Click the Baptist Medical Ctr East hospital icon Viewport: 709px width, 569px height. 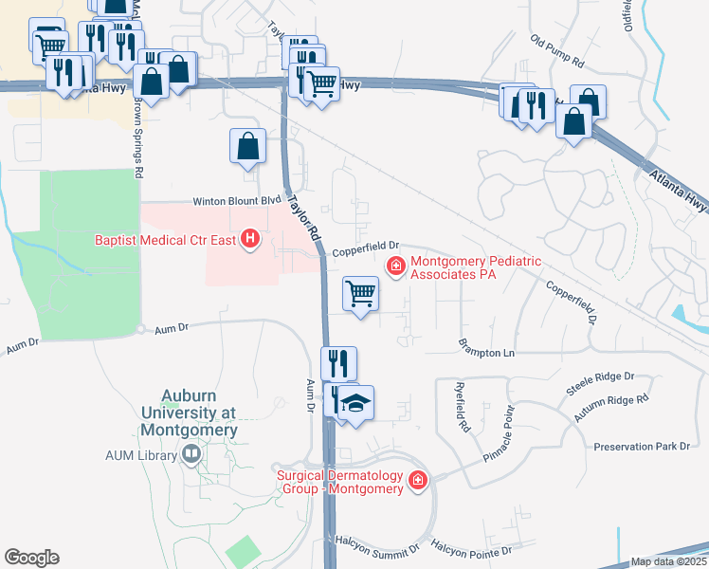tap(250, 239)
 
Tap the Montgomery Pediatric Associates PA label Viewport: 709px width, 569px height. tap(454, 267)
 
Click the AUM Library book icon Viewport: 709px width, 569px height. tap(192, 455)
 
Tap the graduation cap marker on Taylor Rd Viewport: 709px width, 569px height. tap(355, 404)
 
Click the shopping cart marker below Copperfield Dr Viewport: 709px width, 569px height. tap(360, 295)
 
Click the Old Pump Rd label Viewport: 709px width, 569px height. tap(557, 51)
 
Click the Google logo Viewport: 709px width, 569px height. tap(31, 558)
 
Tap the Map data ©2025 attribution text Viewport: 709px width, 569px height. tap(669, 561)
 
